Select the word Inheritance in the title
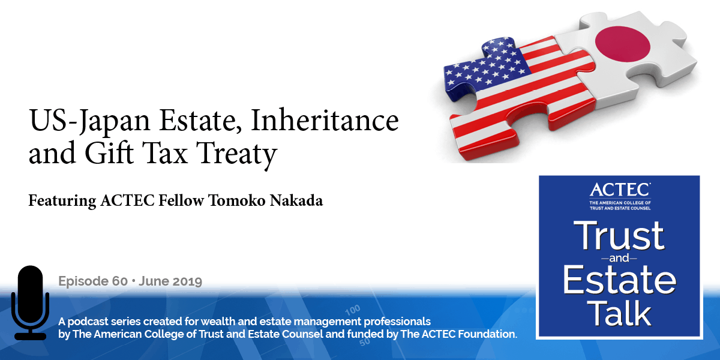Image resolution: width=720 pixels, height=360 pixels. [x=325, y=122]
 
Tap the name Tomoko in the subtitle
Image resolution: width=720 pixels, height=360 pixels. [x=227, y=200]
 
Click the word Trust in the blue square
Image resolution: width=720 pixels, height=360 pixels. [x=620, y=235]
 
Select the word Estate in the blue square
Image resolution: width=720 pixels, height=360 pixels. [x=620, y=281]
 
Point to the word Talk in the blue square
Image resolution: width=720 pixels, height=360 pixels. [x=620, y=314]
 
